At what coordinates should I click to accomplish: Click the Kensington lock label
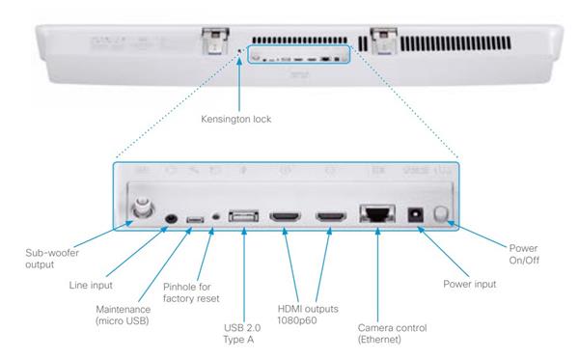236,120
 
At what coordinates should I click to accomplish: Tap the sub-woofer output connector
142,208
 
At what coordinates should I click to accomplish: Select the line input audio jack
171,218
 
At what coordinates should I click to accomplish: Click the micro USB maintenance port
195,220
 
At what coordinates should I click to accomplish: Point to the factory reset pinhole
216,217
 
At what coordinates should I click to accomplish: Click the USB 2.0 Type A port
243,216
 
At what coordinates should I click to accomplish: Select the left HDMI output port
285,216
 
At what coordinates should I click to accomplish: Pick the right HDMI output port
331,216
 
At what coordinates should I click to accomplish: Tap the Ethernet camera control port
377,213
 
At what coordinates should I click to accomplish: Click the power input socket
415,215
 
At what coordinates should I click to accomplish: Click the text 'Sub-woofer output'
52,259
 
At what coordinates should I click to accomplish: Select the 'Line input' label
91,286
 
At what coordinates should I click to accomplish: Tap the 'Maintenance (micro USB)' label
123,315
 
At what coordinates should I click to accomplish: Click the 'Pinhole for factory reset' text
191,292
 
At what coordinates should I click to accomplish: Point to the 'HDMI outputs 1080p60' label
308,315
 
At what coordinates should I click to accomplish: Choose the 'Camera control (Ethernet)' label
392,334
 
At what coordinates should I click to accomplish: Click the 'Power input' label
470,284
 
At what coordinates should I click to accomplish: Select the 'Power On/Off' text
524,254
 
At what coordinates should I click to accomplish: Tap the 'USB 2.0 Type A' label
242,334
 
